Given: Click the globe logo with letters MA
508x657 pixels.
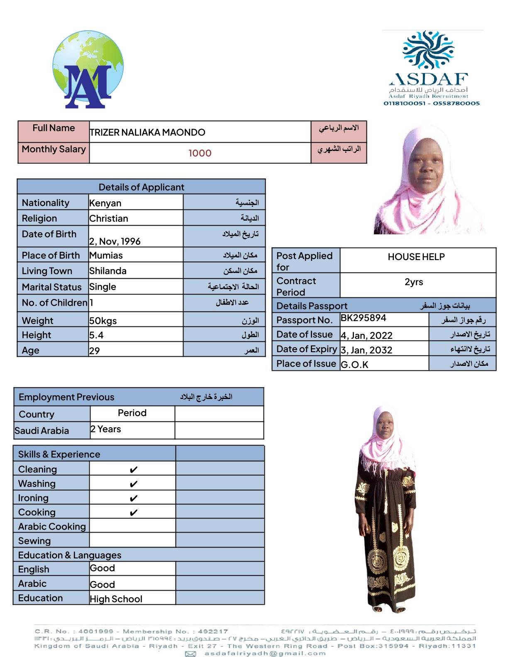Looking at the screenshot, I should coord(88,70).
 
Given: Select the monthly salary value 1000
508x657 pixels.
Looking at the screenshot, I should coord(200,153).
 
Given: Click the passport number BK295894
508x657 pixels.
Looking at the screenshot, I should coord(363,318).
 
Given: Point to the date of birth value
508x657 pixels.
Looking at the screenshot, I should coord(115,241).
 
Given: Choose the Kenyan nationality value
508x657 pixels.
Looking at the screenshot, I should coord(105,203).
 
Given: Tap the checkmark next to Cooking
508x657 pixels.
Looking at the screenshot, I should coord(133,513).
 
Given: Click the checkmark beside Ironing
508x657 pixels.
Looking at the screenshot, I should coord(133,498).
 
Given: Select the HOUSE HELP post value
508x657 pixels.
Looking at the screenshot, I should coord(416,257).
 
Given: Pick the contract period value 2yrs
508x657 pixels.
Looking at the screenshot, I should coord(414,282).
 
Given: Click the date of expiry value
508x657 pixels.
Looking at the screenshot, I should coord(366,350).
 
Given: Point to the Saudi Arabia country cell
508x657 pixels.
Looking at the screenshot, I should coord(42,431).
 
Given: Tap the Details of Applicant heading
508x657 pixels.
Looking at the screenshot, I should coord(141,187).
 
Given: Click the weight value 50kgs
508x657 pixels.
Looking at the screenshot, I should coord(103,321).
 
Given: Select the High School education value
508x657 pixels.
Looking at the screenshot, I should coord(116,599).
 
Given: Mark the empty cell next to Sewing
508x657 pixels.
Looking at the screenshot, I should coord(132,540).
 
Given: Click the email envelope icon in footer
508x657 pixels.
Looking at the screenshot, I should coord(190,654).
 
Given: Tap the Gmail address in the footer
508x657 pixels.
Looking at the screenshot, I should coord(265,653).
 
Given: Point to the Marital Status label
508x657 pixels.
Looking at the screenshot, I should coord(51,287).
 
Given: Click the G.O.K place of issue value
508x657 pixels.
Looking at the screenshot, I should coord(354,365).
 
